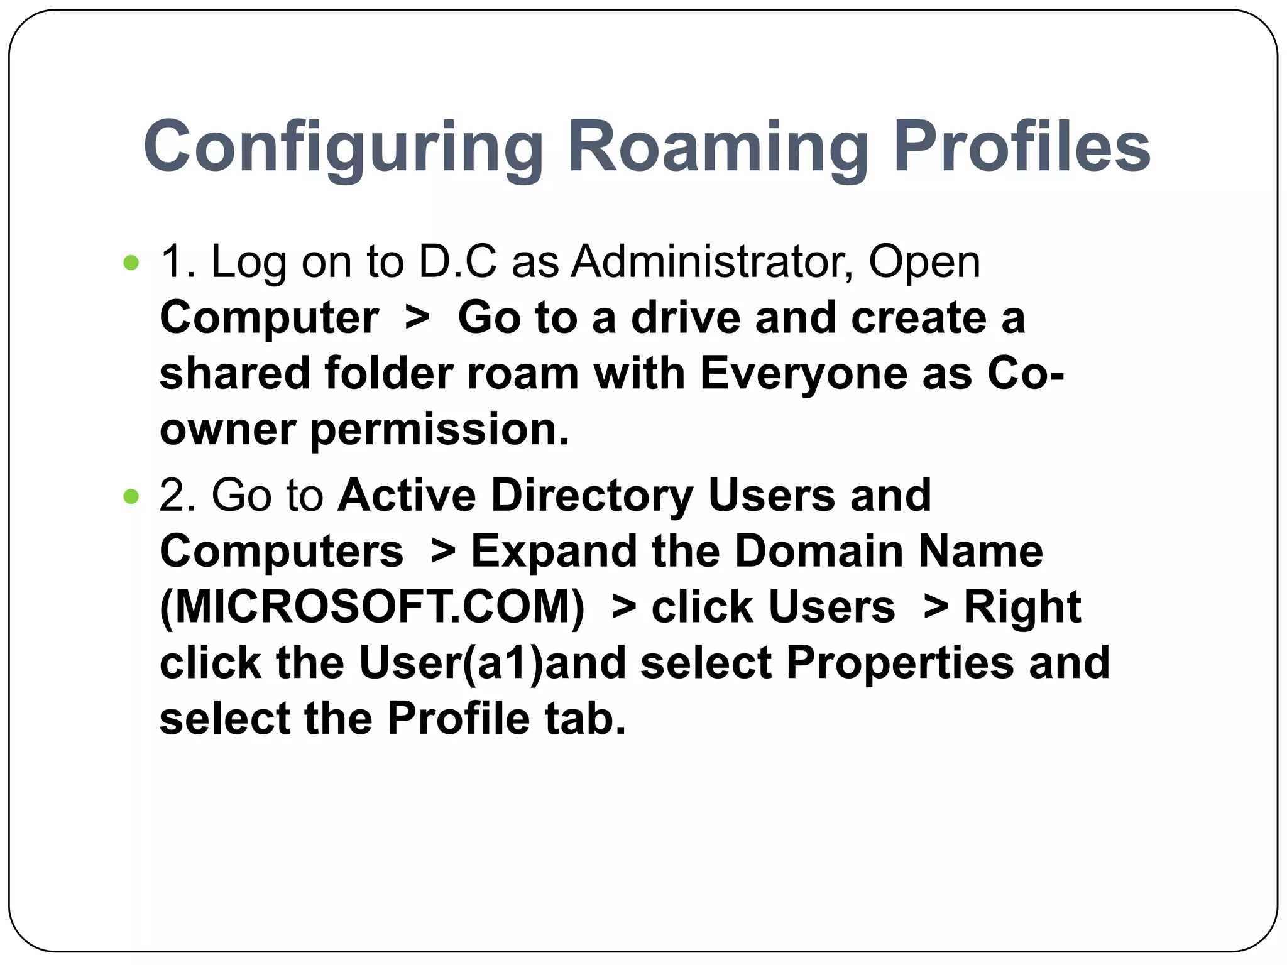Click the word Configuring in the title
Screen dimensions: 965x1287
pyautogui.click(x=343, y=148)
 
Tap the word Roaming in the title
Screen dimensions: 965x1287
pyautogui.click(x=718, y=148)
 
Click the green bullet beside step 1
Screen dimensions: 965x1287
pyautogui.click(x=131, y=263)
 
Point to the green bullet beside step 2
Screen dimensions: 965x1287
pyautogui.click(x=131, y=497)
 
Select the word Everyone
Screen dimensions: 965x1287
pyautogui.click(x=803, y=374)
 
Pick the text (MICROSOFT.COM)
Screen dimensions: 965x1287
pyautogui.click(x=372, y=608)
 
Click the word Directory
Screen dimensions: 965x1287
pyautogui.click(x=591, y=496)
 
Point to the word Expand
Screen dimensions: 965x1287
pyautogui.click(x=554, y=552)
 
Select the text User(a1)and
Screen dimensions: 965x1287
pyautogui.click(x=492, y=663)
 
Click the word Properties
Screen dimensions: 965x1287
pyautogui.click(x=900, y=663)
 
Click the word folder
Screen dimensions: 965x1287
pyautogui.click(x=388, y=374)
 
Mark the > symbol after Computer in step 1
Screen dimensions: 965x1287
pyautogui.click(x=417, y=318)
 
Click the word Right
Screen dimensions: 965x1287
pyautogui.click(x=1022, y=608)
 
